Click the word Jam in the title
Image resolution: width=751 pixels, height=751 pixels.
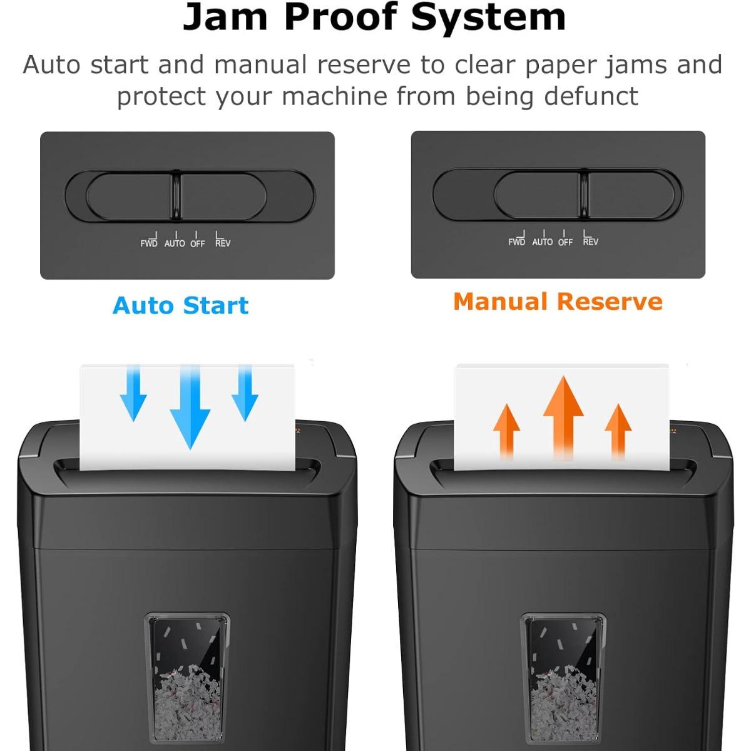pos(226,18)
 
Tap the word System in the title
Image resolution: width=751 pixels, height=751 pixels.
pos(488,18)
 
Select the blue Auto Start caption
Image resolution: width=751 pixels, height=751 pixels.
pos(181,305)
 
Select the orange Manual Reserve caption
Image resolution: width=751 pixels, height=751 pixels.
pos(558,302)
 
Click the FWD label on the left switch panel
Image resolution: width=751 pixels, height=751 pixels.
pos(149,243)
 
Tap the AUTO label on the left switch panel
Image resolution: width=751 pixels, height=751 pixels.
pos(175,243)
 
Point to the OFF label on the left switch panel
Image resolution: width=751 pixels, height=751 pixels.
pos(198,243)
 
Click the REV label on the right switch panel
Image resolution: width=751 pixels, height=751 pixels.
pos(590,242)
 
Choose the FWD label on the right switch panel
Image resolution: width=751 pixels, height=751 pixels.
pos(517,242)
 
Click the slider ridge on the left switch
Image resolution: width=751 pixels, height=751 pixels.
pos(177,195)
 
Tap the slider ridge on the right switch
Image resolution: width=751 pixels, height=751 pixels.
pos(583,194)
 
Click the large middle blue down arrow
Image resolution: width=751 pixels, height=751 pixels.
pos(190,410)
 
